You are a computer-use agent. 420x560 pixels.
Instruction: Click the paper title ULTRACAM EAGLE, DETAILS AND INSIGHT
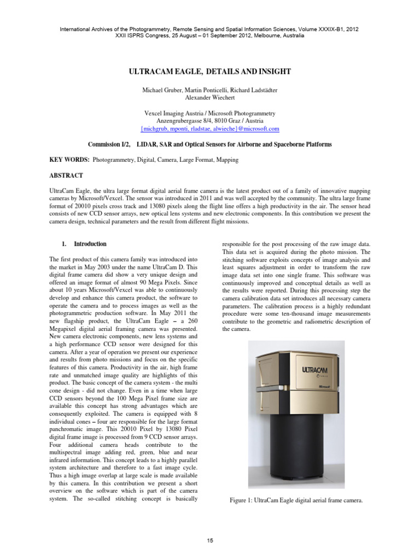tap(209, 72)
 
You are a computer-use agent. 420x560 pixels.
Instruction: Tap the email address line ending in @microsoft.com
tap(209, 129)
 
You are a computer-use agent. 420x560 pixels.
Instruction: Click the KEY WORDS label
tap(69, 160)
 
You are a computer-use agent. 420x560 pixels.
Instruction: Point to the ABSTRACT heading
tap(66, 176)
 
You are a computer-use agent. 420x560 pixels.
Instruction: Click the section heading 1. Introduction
tap(84, 244)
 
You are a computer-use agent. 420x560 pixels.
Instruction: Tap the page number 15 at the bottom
tap(209, 540)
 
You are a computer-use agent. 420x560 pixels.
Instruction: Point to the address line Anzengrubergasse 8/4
tap(209, 120)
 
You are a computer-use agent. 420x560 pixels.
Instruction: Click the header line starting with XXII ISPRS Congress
tap(209, 36)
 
